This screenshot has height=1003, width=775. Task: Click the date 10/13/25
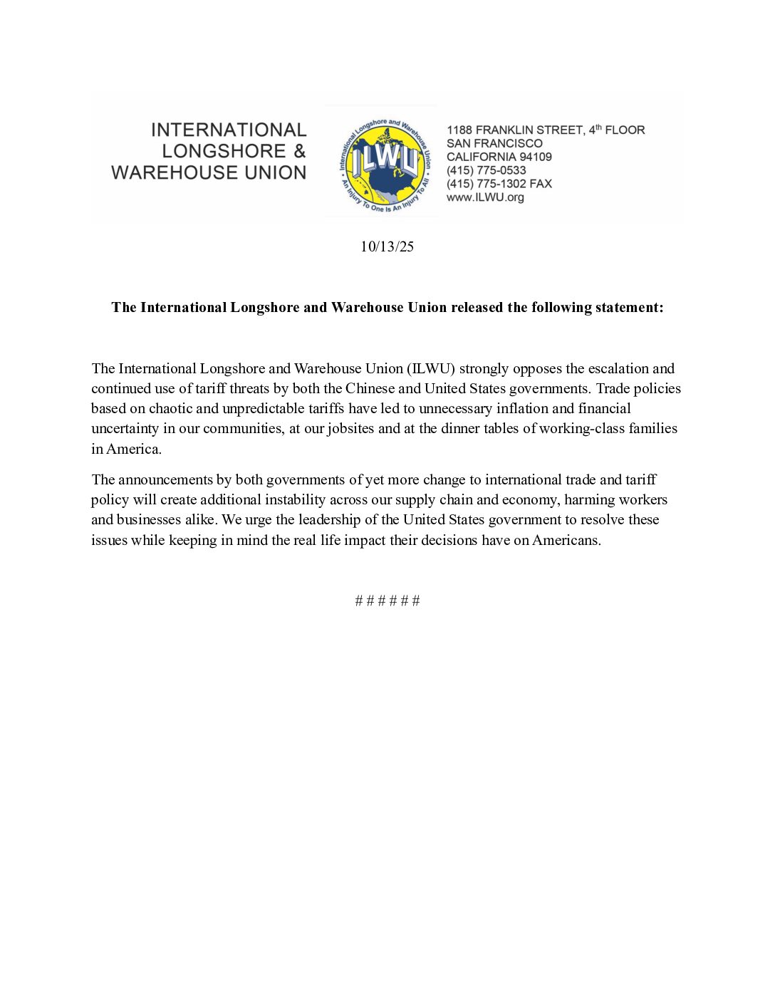click(387, 246)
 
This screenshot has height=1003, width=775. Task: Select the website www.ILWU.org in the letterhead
click(485, 197)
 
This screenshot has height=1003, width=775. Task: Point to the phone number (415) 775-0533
click(487, 170)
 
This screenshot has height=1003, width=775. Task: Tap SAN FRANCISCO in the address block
click(494, 143)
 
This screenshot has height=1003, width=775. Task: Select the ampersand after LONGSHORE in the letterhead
click(299, 151)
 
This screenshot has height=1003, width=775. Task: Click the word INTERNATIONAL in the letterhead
click(229, 130)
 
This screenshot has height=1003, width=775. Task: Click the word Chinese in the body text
click(370, 388)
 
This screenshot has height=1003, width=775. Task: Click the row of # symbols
click(387, 601)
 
